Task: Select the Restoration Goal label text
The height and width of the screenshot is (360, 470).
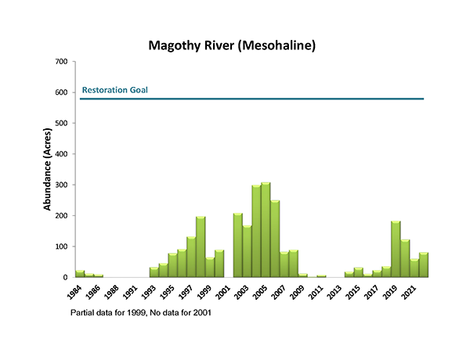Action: (114, 90)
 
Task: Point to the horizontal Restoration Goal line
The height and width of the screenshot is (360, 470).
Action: (251, 99)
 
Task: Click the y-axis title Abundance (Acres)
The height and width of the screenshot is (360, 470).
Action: (48, 169)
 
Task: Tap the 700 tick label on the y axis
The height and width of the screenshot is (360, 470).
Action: (60, 62)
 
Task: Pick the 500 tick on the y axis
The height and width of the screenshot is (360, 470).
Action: (60, 123)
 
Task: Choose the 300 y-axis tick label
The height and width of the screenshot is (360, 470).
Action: (60, 185)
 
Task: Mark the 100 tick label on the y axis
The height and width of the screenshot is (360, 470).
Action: (60, 247)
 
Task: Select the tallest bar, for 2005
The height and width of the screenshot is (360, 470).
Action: (266, 230)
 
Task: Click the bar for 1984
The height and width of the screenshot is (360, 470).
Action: (80, 274)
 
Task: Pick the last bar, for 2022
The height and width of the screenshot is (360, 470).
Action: (424, 265)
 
